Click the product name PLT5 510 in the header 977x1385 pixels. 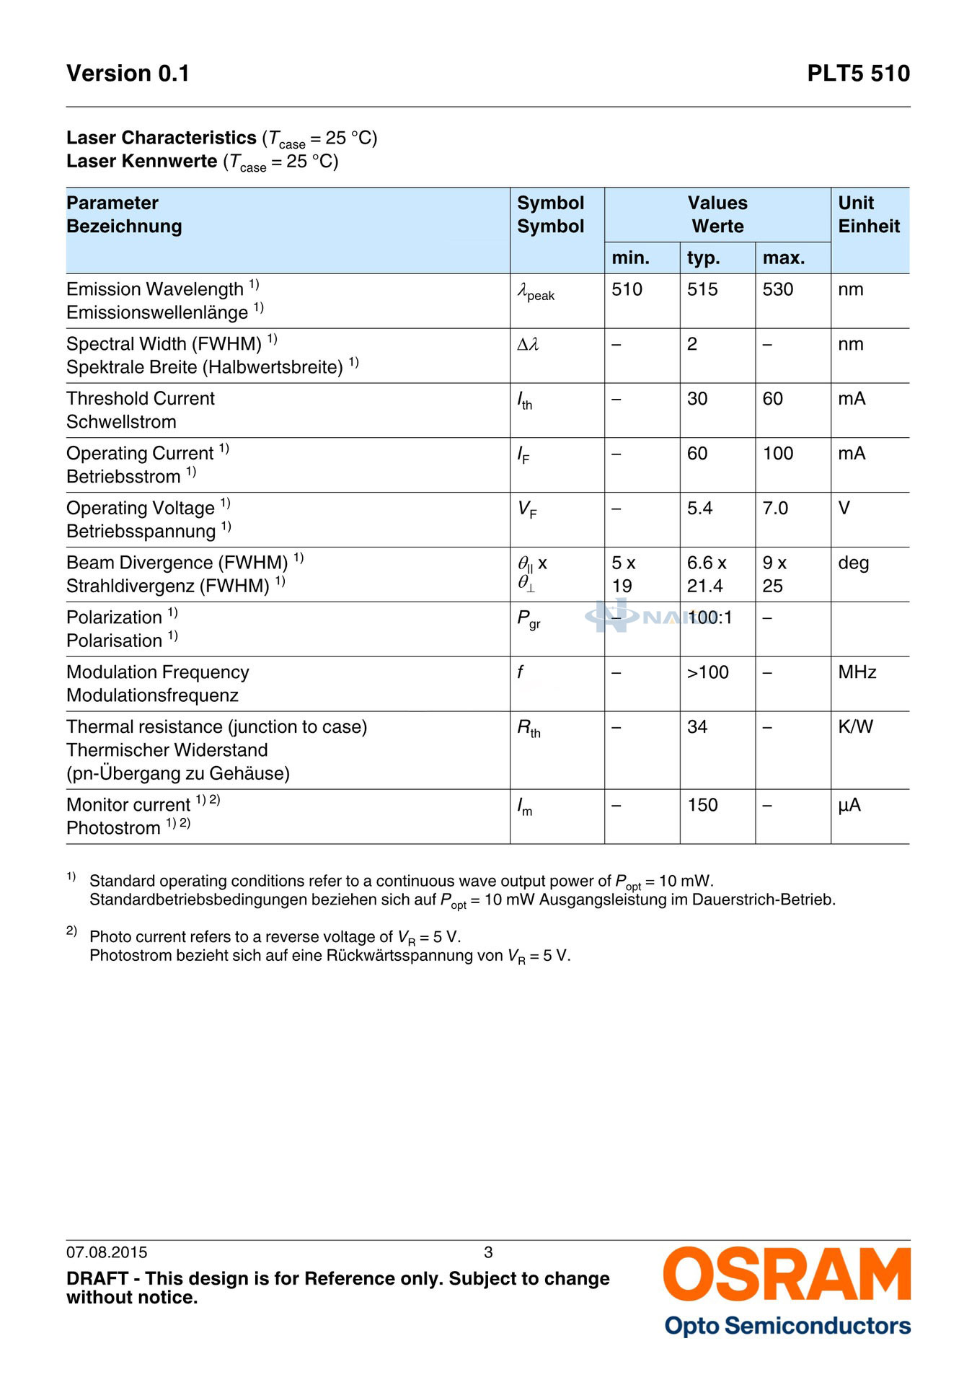pyautogui.click(x=858, y=74)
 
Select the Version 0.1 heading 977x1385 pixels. pyautogui.click(x=128, y=74)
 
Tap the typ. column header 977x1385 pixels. pyautogui.click(x=703, y=258)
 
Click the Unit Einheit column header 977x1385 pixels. pyautogui.click(x=869, y=214)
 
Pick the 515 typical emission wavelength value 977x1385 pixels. pyautogui.click(x=702, y=289)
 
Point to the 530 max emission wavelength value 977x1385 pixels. pyautogui.click(x=778, y=289)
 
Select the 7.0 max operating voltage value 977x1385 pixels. pyautogui.click(x=775, y=509)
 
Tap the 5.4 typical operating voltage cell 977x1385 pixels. pyautogui.click(x=699, y=509)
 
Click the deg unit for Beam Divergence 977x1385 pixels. pyautogui.click(x=853, y=563)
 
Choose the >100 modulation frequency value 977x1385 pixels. pyautogui.click(x=707, y=672)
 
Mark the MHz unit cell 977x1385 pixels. pyautogui.click(x=857, y=672)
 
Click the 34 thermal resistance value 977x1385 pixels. pyautogui.click(x=697, y=727)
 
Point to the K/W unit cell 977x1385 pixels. pyautogui.click(x=855, y=727)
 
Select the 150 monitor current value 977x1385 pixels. pyautogui.click(x=702, y=805)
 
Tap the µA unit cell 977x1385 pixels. pyautogui.click(x=849, y=805)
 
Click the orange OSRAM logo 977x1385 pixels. pyautogui.click(x=787, y=1275)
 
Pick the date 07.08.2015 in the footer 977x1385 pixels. pyautogui.click(x=107, y=1252)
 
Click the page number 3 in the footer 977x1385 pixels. pyautogui.click(x=488, y=1252)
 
